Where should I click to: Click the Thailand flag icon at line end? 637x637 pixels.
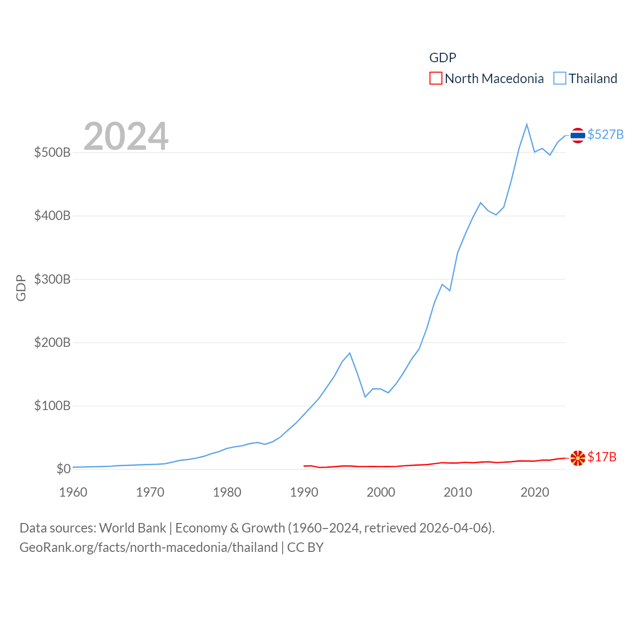tap(577, 135)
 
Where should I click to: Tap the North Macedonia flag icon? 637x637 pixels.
tap(577, 458)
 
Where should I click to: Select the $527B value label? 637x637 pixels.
tap(605, 135)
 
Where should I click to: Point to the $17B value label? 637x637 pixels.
tap(602, 457)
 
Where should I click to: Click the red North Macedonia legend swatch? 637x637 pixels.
tap(435, 79)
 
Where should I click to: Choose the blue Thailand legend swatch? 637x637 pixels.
tap(560, 79)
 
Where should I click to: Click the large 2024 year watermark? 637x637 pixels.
tap(126, 136)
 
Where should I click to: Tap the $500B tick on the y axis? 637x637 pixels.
tap(52, 152)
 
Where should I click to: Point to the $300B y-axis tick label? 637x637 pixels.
tap(52, 279)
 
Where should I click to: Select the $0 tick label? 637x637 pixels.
tap(63, 469)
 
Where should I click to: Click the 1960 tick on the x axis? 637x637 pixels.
tap(73, 492)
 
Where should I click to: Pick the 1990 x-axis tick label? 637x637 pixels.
tap(304, 492)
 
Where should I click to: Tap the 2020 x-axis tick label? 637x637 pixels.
tap(534, 492)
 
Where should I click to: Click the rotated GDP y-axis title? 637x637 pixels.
tap(21, 288)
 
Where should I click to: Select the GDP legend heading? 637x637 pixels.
tap(442, 58)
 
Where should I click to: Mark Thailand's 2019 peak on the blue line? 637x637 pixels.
tap(527, 124)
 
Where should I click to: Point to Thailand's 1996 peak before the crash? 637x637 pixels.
tap(350, 353)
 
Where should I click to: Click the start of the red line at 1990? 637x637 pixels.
tap(304, 466)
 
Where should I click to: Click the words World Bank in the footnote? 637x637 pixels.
tap(132, 528)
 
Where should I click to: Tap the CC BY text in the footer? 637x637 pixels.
tap(305, 547)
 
